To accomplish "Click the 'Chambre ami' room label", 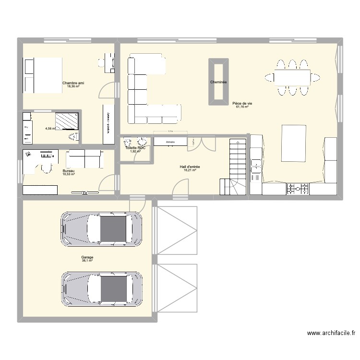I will click(x=73, y=83).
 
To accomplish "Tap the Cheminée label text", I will click(x=218, y=82).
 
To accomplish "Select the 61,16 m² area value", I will click(x=241, y=107).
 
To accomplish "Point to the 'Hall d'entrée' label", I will click(x=190, y=167).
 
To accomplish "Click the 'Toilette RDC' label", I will click(x=135, y=148).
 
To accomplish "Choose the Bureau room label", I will click(x=68, y=170).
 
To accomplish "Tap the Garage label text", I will click(x=87, y=257).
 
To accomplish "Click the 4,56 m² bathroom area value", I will click(x=50, y=129).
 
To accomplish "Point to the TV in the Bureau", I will click(x=84, y=193).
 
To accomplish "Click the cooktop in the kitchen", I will click(x=298, y=189).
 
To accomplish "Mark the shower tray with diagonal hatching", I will click(x=67, y=121).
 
